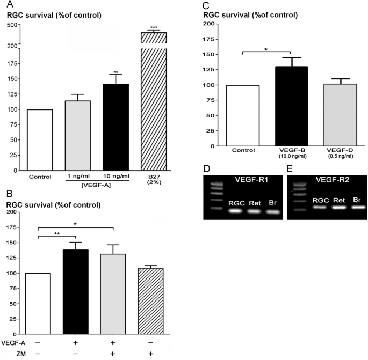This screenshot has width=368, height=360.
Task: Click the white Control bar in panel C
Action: (x=243, y=115)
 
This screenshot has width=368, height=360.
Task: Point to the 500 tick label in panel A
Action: (x=11, y=25)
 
